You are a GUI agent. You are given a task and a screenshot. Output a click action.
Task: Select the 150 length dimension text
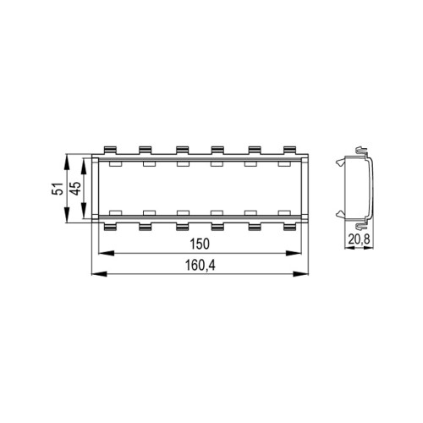click(201, 244)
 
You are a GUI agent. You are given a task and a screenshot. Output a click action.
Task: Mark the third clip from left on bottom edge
click(183, 227)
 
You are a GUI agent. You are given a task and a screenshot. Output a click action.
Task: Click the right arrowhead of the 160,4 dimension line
click(305, 272)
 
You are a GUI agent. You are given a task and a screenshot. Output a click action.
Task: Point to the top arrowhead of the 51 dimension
click(67, 158)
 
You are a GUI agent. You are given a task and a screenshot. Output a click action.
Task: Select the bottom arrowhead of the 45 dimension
click(86, 217)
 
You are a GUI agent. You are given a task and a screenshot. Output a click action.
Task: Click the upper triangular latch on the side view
click(339, 163)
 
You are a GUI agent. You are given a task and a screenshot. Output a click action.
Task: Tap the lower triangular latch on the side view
click(339, 212)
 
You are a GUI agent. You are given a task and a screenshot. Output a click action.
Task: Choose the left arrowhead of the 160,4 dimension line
click(95, 272)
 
